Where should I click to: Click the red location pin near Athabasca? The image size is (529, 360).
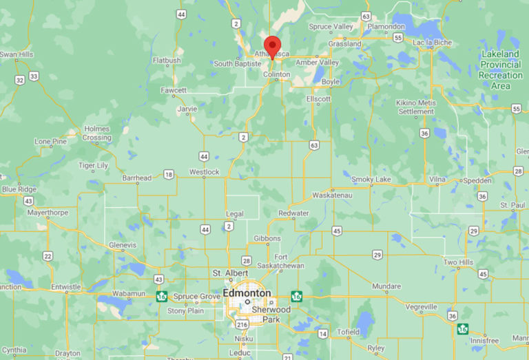coord(273,46)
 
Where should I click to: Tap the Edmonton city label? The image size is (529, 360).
coord(247,293)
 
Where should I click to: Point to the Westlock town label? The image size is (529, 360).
coord(204,171)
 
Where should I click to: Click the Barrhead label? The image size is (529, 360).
coord(136,178)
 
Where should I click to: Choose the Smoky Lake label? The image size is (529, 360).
coord(371,180)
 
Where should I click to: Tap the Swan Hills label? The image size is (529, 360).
coord(17,54)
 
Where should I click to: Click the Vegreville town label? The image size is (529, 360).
coord(421,307)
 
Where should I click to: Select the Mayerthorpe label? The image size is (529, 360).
coord(48,213)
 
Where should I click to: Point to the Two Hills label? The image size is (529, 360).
coord(459,262)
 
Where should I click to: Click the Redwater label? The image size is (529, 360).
coord(293,213)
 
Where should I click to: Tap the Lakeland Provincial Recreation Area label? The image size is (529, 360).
coord(500,70)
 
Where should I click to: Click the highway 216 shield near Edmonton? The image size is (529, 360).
coord(242,324)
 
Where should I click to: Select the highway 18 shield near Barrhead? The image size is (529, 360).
coord(169,175)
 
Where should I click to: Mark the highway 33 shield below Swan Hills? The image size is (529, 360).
coord(33,76)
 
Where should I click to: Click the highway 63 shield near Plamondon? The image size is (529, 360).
coord(365,16)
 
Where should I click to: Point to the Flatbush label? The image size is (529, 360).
coord(166,61)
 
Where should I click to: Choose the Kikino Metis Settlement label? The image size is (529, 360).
coord(416,107)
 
